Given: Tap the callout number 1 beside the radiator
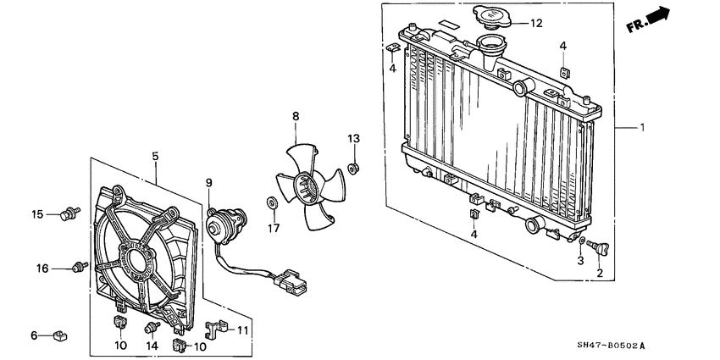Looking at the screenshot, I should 642,128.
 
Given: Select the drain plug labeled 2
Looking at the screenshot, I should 605,248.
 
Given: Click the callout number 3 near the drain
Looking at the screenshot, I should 580,262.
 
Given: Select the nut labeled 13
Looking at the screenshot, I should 354,164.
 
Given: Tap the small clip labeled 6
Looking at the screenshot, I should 59,336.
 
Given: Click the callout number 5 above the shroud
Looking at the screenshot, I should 156,157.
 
